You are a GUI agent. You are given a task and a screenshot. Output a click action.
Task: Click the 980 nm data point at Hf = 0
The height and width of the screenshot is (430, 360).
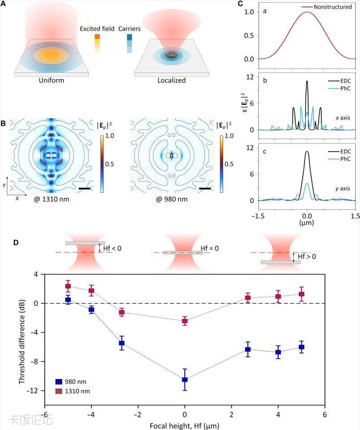coord(184,379)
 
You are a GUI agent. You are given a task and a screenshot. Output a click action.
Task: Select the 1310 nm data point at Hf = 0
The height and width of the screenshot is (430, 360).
coord(184,321)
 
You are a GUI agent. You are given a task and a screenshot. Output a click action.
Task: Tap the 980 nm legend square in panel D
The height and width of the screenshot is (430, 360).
coord(58,382)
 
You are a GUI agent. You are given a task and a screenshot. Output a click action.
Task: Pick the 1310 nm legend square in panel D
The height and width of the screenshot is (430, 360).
coord(58,392)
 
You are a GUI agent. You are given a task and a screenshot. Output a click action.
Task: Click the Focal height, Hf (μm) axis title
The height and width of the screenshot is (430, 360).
coord(184,424)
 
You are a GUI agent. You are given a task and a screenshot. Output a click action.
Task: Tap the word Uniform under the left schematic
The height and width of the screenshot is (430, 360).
coord(52,81)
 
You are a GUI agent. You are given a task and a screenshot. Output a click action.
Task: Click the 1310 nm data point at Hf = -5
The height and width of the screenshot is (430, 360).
coord(68,286)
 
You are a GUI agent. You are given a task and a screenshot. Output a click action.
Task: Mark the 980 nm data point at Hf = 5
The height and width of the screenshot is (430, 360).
coord(301,347)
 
